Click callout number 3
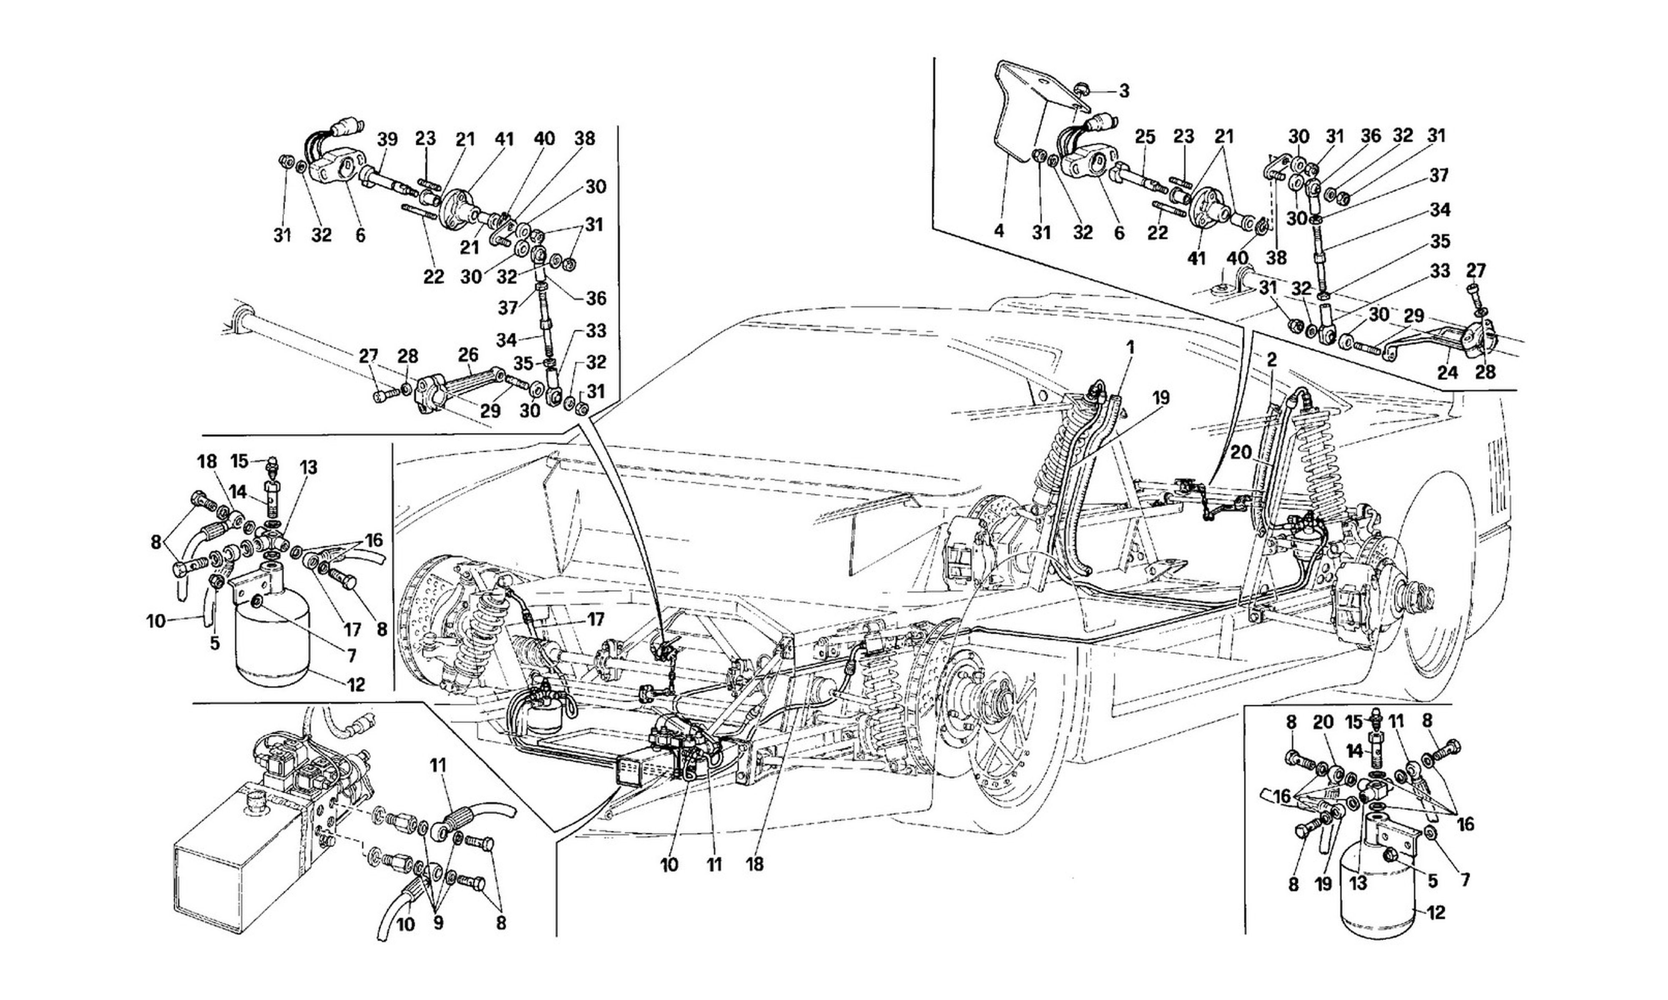point(1124,91)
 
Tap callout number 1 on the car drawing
point(1130,348)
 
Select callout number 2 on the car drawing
point(1271,360)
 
